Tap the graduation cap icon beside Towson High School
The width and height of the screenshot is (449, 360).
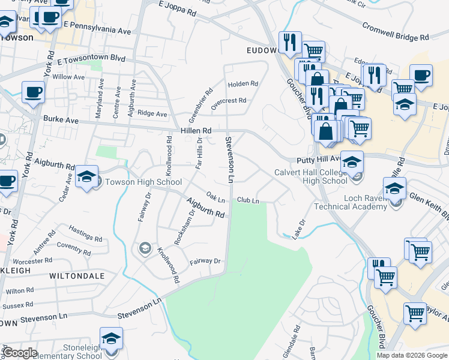(x=87, y=177)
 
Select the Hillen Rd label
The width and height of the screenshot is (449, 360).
(x=196, y=130)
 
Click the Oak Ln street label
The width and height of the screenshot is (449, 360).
(x=215, y=196)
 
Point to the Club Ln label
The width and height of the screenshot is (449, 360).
(x=248, y=200)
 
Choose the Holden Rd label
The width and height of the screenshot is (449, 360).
(x=243, y=83)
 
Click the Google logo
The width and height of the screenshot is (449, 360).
(x=20, y=353)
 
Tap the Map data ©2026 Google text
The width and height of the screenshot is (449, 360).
(x=412, y=355)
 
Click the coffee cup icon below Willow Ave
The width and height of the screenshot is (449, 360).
(x=33, y=92)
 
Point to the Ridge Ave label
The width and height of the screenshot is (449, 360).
(x=152, y=113)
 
